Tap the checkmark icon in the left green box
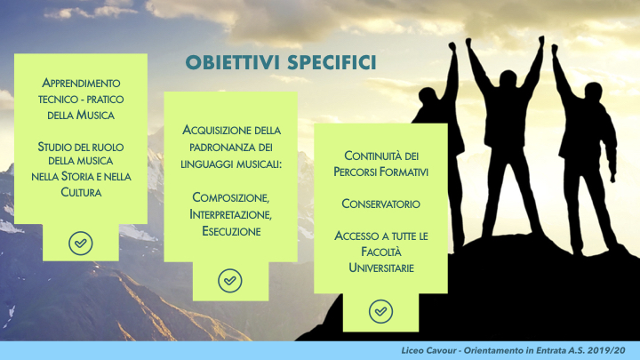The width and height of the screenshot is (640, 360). click(81, 242)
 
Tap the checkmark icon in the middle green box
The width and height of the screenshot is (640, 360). click(230, 280)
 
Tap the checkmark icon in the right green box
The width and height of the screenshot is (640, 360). click(380, 312)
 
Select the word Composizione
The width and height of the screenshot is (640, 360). click(230, 197)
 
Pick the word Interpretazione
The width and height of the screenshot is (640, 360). click(230, 214)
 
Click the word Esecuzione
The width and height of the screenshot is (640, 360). click(230, 231)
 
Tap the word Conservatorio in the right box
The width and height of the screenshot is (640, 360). click(380, 204)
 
